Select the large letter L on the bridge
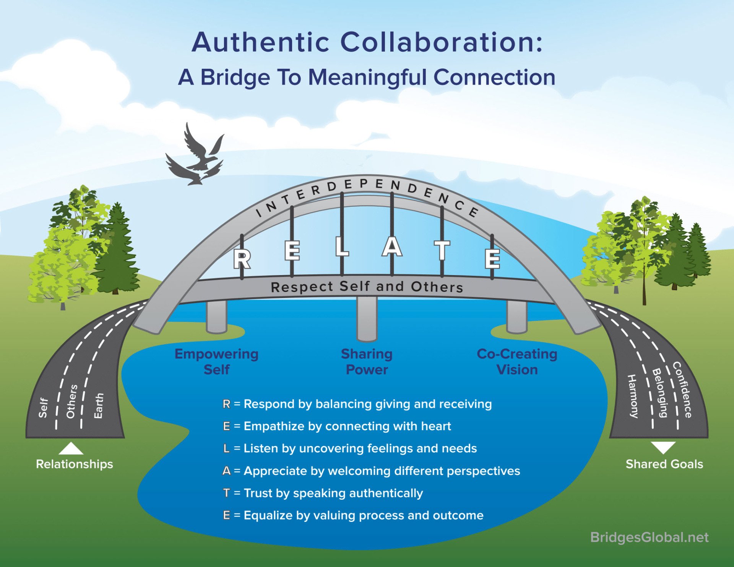(342, 247)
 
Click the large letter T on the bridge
(442, 250)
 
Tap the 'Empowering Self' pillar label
(216, 361)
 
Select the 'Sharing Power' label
(366, 361)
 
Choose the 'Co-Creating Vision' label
(517, 361)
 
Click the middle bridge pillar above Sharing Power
(367, 319)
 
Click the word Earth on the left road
(99, 406)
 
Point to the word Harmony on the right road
(633, 396)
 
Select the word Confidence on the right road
(682, 390)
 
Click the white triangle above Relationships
(71, 449)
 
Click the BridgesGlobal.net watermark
(649, 537)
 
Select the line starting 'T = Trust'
(323, 493)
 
